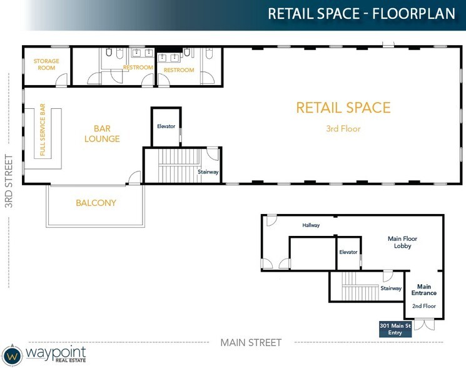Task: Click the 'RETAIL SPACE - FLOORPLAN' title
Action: click(x=362, y=13)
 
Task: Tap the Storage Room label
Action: click(x=47, y=65)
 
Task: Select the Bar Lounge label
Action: click(x=102, y=133)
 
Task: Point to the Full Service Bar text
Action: click(x=43, y=130)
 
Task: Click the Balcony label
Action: click(x=96, y=203)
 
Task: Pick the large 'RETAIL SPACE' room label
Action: click(x=343, y=108)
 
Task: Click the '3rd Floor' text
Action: click(x=343, y=129)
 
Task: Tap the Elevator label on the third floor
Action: click(x=166, y=126)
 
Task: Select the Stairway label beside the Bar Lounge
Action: click(x=208, y=171)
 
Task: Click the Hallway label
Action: click(x=311, y=225)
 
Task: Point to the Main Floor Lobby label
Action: click(x=402, y=242)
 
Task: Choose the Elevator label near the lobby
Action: click(x=348, y=252)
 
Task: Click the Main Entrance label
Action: click(x=423, y=289)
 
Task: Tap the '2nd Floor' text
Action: click(x=423, y=306)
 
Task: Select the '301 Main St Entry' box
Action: click(x=395, y=329)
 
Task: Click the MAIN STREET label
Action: click(x=251, y=342)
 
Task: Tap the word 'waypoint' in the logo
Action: click(x=56, y=351)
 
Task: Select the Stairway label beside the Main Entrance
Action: click(x=391, y=289)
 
